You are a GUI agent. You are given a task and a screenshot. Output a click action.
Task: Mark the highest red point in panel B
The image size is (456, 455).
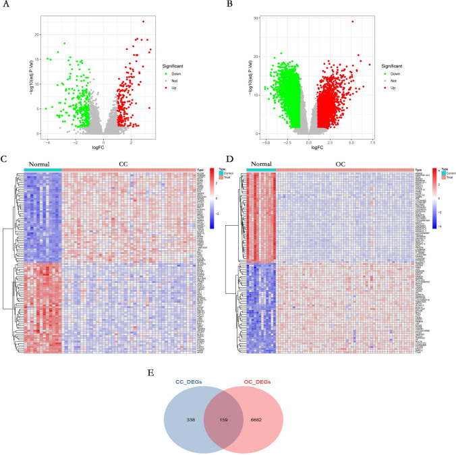(x=352, y=22)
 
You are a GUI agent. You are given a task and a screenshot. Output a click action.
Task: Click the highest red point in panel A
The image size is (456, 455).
(x=143, y=22)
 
